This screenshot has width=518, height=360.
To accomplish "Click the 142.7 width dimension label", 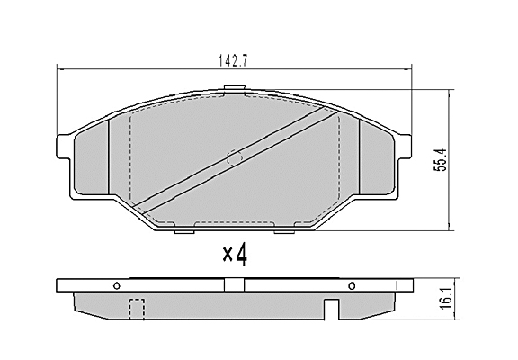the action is click(x=234, y=61).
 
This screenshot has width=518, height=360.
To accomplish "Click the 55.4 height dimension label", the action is click(x=440, y=159).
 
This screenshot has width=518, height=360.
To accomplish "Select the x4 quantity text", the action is click(x=235, y=255).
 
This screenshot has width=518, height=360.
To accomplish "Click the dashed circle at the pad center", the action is click(x=235, y=157).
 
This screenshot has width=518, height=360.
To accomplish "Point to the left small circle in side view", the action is click(x=117, y=285).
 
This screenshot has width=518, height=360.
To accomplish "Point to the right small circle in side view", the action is click(x=352, y=285).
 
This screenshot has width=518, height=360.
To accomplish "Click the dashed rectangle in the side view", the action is click(x=137, y=309).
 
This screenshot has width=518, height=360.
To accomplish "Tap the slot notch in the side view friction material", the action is click(x=332, y=309).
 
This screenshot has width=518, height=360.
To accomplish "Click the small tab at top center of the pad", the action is click(x=234, y=87).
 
